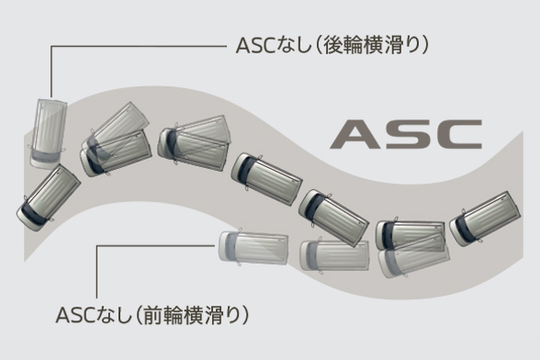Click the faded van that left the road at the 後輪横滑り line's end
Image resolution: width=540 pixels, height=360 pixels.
point(48,132)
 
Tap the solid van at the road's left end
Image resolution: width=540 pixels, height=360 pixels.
point(48,197)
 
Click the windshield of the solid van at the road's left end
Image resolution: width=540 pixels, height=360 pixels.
point(30,212)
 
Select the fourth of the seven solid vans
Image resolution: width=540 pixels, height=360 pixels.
point(266,178)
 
